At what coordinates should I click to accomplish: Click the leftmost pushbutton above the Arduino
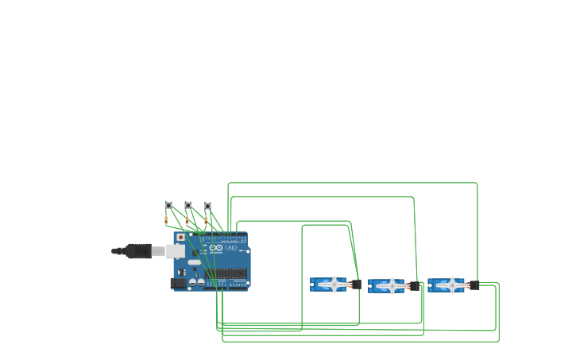[x=168, y=205]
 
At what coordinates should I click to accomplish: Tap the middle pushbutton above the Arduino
[x=188, y=205]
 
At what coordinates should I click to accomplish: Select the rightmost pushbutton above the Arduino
[x=208, y=205]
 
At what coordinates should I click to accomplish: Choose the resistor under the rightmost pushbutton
[x=206, y=220]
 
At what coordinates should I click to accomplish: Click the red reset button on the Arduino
[x=180, y=237]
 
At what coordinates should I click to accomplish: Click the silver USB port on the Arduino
[x=176, y=251]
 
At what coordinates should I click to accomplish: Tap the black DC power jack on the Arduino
[x=179, y=283]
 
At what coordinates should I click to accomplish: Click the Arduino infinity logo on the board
[x=216, y=249]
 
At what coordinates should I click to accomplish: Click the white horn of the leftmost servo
[x=334, y=284]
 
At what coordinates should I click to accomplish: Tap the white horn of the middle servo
[x=392, y=285]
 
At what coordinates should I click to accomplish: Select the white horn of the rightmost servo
[x=451, y=285]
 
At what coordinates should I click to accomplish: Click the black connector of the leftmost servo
[x=356, y=285]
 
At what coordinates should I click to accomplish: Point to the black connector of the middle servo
[x=414, y=286]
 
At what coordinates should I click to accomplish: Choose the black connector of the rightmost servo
[x=474, y=285]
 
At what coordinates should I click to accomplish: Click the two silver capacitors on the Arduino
[x=195, y=281]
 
